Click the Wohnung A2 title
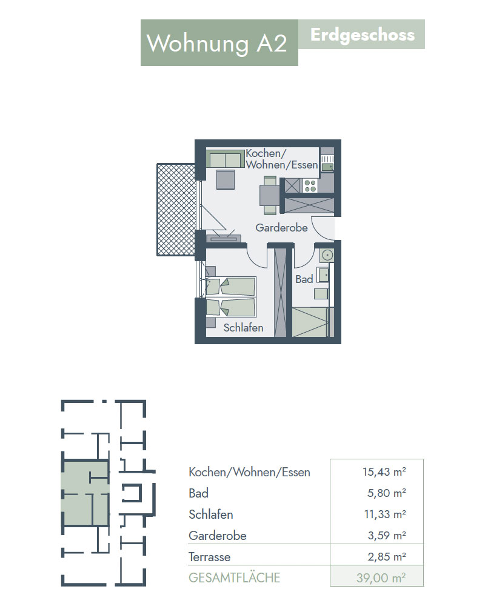point(216,43)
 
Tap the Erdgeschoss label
point(363,35)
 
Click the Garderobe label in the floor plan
point(281,228)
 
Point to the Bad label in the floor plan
point(304,279)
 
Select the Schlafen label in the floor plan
point(243,328)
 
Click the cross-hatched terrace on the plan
point(176,210)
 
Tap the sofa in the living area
point(226,158)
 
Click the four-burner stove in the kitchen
point(310,186)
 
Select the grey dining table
point(270,195)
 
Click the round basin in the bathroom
point(327,256)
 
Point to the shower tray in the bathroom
point(311,322)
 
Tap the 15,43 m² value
point(384,472)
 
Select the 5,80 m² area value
point(386,493)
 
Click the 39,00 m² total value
point(381,578)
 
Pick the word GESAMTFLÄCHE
point(235,578)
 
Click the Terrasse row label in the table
point(210,557)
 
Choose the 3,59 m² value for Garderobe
point(387,536)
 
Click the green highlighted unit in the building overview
point(85,493)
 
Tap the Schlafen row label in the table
point(211,514)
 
